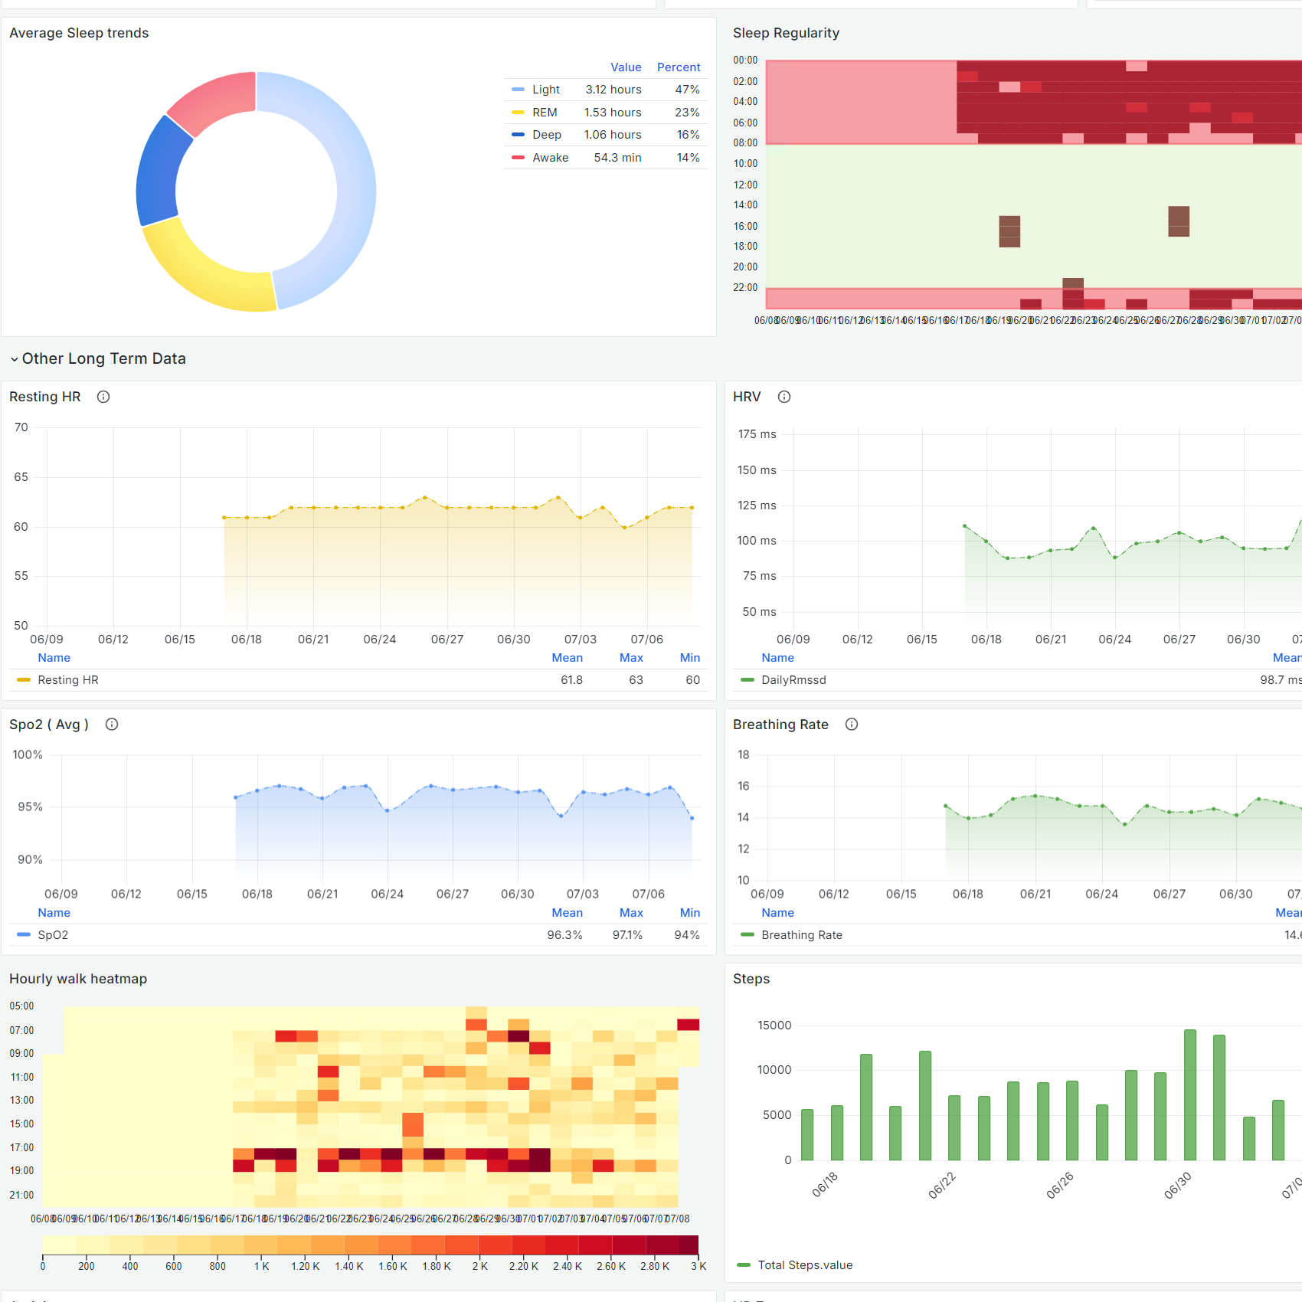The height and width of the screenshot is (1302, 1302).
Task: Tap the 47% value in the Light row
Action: [x=687, y=90]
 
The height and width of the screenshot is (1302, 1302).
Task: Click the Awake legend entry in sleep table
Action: [x=550, y=158]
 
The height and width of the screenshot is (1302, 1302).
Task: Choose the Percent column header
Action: [x=678, y=67]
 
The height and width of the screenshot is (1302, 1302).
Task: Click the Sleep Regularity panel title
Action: [x=786, y=33]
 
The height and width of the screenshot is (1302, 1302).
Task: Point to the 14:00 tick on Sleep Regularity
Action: [x=745, y=205]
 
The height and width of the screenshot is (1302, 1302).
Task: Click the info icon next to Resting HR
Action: [x=103, y=397]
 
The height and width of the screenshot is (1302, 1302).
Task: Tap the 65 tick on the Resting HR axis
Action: [x=21, y=477]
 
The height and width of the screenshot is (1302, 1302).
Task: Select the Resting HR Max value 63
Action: [x=636, y=680]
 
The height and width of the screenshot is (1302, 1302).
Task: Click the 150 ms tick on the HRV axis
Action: [x=757, y=470]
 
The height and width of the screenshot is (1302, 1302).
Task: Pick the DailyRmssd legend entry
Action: [x=793, y=680]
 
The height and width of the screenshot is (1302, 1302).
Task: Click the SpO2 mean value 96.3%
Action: [x=564, y=935]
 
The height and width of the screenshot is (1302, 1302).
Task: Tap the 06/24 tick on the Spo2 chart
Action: [x=388, y=895]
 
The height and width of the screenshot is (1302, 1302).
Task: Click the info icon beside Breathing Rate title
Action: [x=852, y=725]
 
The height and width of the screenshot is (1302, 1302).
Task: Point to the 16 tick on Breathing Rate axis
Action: [x=744, y=787]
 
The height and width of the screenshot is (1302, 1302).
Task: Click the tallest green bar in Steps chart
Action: [x=1190, y=1095]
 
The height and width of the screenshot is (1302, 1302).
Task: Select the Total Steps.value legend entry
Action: [x=805, y=1265]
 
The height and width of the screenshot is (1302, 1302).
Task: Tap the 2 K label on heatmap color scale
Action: [x=480, y=1266]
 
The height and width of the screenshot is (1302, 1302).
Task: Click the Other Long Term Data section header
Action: [x=103, y=358]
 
